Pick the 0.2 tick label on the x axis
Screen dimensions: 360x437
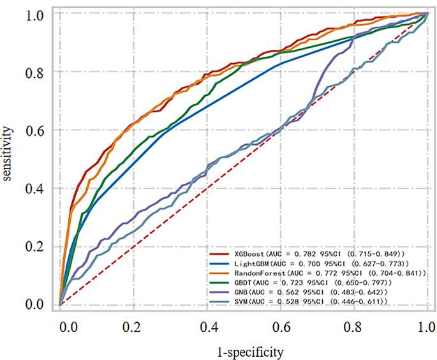pos(133,326)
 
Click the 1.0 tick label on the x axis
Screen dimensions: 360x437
pos(427,326)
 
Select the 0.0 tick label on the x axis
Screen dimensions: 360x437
pos(60,326)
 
